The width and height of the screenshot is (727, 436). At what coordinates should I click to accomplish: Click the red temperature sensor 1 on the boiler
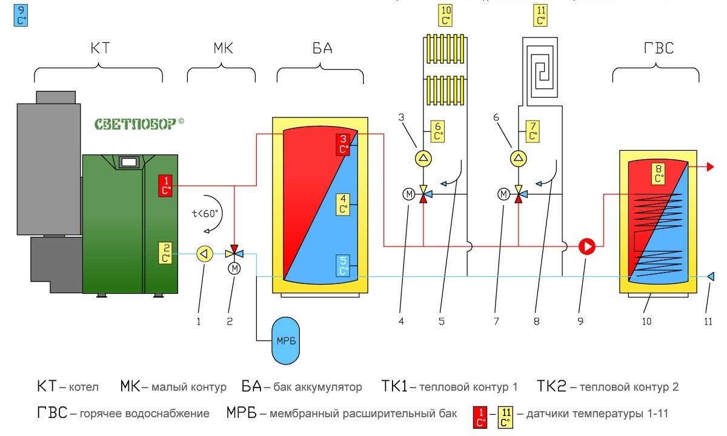pyautogui.click(x=165, y=185)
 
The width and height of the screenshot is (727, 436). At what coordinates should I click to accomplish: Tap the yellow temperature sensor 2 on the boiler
pyautogui.click(x=165, y=253)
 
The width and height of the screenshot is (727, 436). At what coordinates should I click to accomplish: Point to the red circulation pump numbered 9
pyautogui.click(x=588, y=246)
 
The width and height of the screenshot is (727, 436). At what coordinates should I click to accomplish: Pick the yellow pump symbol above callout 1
pyautogui.click(x=205, y=253)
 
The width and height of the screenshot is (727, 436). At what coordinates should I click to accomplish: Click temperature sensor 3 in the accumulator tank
pyautogui.click(x=343, y=144)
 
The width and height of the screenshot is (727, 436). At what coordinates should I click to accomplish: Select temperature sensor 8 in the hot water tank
pyautogui.click(x=659, y=174)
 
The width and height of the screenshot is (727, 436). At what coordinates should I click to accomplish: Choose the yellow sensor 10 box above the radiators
pyautogui.click(x=445, y=15)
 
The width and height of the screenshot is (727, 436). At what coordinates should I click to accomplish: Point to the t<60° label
pyautogui.click(x=205, y=213)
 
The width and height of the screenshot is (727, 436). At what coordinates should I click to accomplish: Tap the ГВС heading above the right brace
pyautogui.click(x=656, y=48)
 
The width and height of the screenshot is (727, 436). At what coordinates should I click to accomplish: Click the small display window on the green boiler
pyautogui.click(x=128, y=162)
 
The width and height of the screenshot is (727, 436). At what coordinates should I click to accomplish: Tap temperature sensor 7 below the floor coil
pyautogui.click(x=533, y=131)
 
